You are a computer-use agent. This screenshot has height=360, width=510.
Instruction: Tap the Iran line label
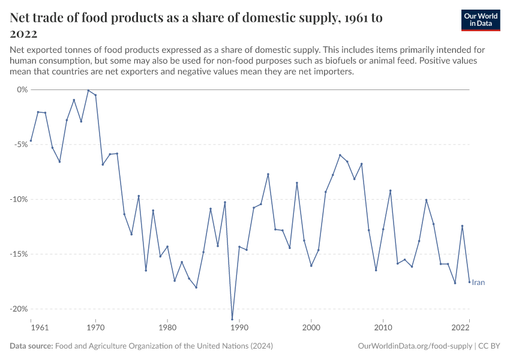click(x=478, y=283)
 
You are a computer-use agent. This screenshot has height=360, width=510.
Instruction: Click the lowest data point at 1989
click(x=232, y=319)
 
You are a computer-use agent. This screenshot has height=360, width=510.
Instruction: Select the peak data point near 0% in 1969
click(x=88, y=91)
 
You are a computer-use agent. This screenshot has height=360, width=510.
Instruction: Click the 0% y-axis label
click(x=23, y=89)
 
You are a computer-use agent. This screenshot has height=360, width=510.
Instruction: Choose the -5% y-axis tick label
click(x=22, y=145)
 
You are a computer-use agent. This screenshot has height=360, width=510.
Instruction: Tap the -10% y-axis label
click(x=20, y=199)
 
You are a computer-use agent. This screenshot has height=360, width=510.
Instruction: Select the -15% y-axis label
click(x=20, y=254)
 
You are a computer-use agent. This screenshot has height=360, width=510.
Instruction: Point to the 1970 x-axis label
click(x=95, y=328)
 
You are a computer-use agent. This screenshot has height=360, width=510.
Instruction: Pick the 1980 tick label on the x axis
click(x=167, y=328)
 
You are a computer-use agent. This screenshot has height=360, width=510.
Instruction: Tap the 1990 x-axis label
click(x=239, y=328)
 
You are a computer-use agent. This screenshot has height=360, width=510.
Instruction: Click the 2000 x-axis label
click(x=311, y=328)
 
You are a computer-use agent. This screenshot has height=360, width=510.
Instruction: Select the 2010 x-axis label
click(x=383, y=328)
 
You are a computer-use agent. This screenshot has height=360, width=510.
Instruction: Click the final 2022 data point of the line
click(x=469, y=282)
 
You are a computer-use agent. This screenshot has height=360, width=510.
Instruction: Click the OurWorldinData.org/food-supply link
click(x=415, y=346)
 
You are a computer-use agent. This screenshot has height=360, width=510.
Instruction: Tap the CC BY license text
click(x=489, y=346)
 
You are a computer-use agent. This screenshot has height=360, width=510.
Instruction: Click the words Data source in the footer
click(x=31, y=346)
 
